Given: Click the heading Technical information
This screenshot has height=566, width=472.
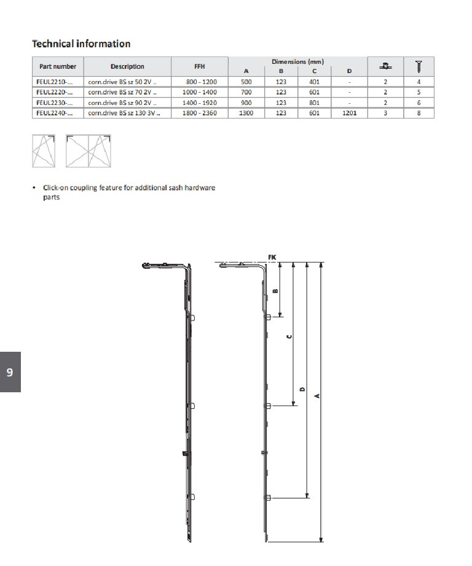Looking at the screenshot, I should pyautogui.click(x=81, y=44).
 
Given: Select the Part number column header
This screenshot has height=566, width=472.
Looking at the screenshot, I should pyautogui.click(x=58, y=66).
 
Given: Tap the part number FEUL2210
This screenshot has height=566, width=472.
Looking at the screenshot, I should pyautogui.click(x=50, y=81).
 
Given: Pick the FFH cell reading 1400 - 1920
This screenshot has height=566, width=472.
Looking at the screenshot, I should pyautogui.click(x=199, y=103).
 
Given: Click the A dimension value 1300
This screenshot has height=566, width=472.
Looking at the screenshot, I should pyautogui.click(x=246, y=113).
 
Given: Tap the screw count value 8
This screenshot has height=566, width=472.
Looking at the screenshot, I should pyautogui.click(x=419, y=113).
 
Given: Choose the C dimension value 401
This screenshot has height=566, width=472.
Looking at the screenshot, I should pyautogui.click(x=315, y=81).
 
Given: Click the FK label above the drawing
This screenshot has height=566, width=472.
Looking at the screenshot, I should pyautogui.click(x=272, y=256).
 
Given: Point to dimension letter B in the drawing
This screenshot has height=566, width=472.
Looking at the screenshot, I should pyautogui.click(x=275, y=290).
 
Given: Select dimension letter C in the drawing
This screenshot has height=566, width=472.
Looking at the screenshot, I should pyautogui.click(x=289, y=336).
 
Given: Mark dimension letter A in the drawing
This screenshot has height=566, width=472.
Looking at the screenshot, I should pyautogui.click(x=317, y=396).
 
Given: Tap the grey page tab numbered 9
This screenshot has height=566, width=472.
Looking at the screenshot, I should pyautogui.click(x=10, y=372).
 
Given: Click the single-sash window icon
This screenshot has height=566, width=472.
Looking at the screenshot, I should pyautogui.click(x=44, y=150).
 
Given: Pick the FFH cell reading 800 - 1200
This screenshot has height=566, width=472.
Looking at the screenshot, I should pyautogui.click(x=199, y=81).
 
